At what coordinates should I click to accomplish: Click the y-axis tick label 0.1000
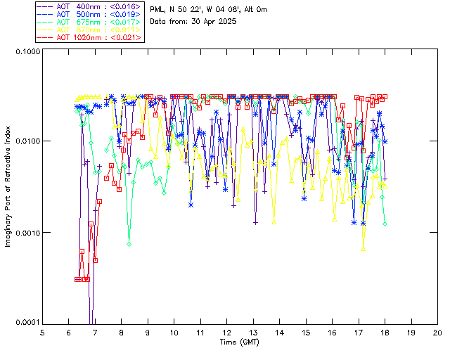[x=25, y=51]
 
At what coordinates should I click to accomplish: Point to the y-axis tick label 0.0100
[x=25, y=141]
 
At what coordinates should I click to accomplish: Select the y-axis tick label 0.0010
[x=25, y=232]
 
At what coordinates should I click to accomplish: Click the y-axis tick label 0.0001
[x=25, y=322]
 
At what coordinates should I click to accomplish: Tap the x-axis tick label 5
[x=42, y=332]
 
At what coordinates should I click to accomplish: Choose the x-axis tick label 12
[x=226, y=332]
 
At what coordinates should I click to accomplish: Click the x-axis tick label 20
[x=437, y=332]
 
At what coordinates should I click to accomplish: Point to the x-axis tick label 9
[x=148, y=332]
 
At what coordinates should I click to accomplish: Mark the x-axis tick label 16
[x=332, y=332]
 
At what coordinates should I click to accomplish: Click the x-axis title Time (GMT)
[x=240, y=342]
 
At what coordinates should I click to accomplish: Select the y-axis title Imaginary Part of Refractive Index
[x=9, y=186]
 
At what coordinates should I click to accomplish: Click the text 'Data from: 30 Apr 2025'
[x=193, y=22]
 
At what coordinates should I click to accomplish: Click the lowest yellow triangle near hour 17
[x=364, y=248]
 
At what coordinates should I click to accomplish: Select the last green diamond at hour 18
[x=385, y=224]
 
